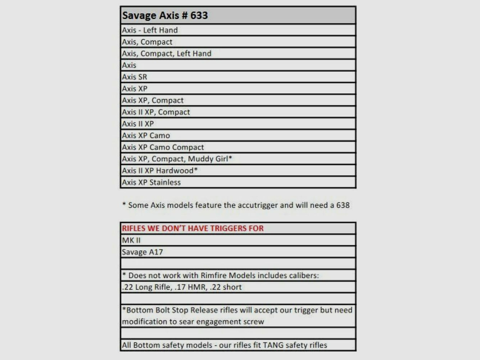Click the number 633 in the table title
click(x=199, y=15)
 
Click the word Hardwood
click(x=175, y=171)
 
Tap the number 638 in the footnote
click(x=343, y=205)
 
